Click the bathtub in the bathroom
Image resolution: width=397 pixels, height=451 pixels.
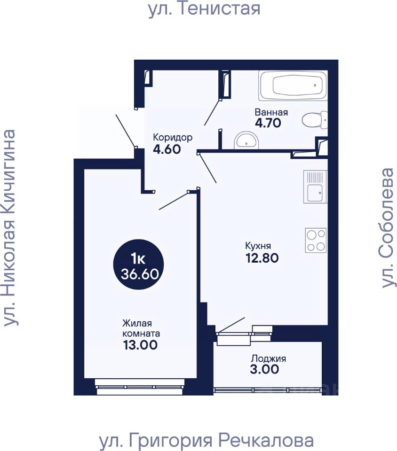[x=293, y=86]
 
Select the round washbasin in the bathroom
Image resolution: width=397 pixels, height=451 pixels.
[x=246, y=140]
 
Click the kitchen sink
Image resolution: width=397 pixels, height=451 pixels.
[x=315, y=187]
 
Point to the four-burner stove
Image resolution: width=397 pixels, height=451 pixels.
[x=316, y=241]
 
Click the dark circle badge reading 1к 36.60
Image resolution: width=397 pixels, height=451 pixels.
[x=139, y=264]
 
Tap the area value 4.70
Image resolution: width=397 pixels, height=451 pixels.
[x=268, y=123]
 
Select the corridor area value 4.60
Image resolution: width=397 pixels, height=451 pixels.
[x=167, y=149]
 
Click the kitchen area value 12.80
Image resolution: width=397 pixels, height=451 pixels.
[x=262, y=258]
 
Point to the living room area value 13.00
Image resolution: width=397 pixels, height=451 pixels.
[x=140, y=344]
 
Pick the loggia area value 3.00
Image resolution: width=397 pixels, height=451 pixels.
[x=264, y=369]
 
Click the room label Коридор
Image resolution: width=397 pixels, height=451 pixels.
[x=173, y=138]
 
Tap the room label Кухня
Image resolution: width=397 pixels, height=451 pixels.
[x=258, y=246]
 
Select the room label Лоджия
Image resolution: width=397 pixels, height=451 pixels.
[x=268, y=358]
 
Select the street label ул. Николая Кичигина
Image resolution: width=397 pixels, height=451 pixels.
[x=10, y=228]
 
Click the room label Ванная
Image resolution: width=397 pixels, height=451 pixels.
[x=271, y=112]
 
